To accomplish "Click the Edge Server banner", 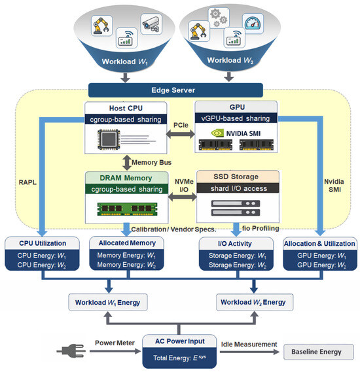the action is click(x=175, y=90).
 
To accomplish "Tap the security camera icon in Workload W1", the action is click(x=151, y=24).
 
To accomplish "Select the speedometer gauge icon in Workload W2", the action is click(x=253, y=24).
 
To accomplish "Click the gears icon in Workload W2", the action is click(x=219, y=18).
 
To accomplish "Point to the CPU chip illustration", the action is click(x=109, y=139).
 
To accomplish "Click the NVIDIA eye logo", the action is click(x=217, y=133).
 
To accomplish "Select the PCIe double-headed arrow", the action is click(x=181, y=134).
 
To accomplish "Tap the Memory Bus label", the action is click(x=151, y=163).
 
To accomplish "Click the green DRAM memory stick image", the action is click(x=127, y=209).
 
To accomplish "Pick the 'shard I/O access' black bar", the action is click(x=238, y=188).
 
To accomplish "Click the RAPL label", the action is click(x=27, y=182).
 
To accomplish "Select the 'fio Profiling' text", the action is click(x=261, y=228).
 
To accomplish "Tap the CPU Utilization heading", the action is click(x=43, y=243).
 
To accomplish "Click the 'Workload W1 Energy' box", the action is click(x=108, y=302).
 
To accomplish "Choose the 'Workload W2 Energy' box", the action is click(x=255, y=302).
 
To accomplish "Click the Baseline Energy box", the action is click(x=319, y=352).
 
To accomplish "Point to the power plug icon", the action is click(x=71, y=351).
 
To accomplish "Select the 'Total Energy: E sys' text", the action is click(x=179, y=358).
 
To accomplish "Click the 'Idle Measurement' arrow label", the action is click(x=249, y=345).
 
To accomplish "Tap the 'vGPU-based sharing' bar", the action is click(x=236, y=118).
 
